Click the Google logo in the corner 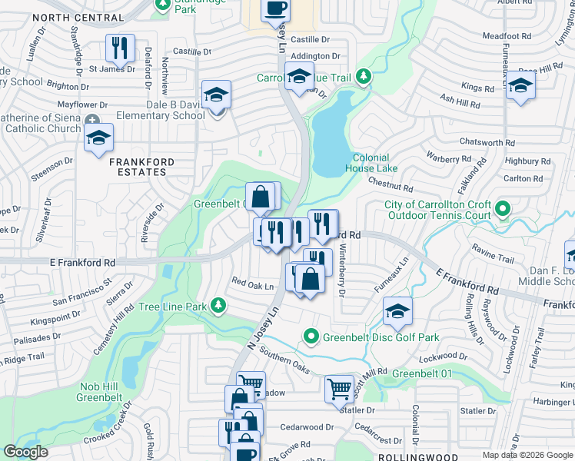pyautogui.click(x=25, y=452)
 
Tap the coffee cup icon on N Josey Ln pyautogui.click(x=275, y=8)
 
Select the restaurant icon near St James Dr pyautogui.click(x=120, y=48)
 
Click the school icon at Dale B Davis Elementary pyautogui.click(x=217, y=95)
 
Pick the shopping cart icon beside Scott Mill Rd pyautogui.click(x=339, y=388)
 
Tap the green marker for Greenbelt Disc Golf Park pyautogui.click(x=311, y=337)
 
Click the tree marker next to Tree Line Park pyautogui.click(x=219, y=307)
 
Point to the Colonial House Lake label pyautogui.click(x=371, y=163)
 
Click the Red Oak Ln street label pyautogui.click(x=253, y=287)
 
